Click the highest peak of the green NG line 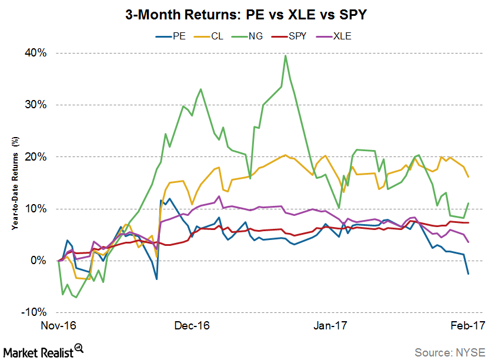pos(285,56)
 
